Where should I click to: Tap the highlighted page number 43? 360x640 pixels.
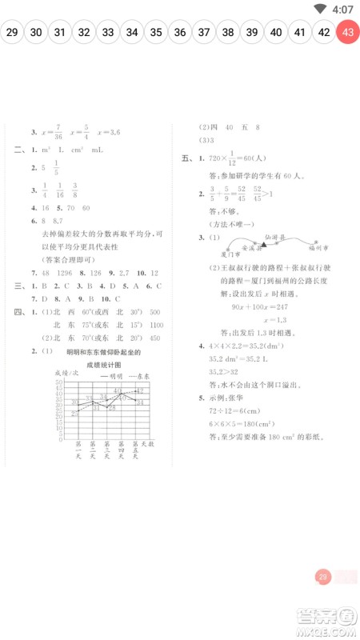point(348,33)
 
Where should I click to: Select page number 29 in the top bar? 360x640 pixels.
point(12,33)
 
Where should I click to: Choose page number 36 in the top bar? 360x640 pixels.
point(180,33)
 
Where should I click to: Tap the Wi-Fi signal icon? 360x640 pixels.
point(320,9)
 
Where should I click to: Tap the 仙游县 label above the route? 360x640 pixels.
point(274,238)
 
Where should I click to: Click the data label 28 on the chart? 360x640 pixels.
point(113,408)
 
